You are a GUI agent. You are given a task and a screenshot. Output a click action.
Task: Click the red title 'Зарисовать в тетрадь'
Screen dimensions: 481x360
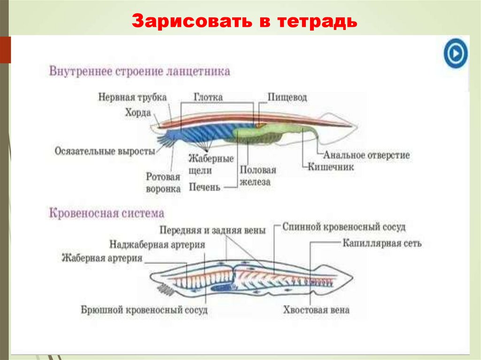[244, 22]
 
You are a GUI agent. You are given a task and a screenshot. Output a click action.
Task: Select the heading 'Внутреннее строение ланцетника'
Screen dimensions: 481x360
[140, 72]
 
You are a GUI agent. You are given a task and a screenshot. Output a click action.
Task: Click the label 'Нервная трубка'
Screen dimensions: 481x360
[132, 97]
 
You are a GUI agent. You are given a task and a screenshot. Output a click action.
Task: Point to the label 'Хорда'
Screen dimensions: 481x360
[138, 113]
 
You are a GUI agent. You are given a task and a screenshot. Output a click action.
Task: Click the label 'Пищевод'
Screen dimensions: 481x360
[287, 97]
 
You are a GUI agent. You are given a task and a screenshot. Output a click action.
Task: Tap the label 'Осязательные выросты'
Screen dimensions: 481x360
[105, 152]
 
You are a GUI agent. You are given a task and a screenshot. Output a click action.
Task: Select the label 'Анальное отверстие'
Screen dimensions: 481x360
[366, 155]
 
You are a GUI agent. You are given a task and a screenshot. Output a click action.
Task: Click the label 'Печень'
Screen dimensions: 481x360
[204, 187]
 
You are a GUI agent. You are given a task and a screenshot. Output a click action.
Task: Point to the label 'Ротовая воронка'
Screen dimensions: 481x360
[163, 183]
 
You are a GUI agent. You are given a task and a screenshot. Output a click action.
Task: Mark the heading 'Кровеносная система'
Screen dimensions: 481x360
[107, 214]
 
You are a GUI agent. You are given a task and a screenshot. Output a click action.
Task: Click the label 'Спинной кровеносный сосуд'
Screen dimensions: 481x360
[344, 227]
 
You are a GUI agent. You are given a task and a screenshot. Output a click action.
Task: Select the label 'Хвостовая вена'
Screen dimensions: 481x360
[316, 310]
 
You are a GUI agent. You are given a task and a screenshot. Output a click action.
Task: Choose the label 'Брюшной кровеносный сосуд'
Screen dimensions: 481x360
[144, 310]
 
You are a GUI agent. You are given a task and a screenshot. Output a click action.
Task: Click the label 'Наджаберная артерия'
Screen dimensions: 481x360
[157, 245]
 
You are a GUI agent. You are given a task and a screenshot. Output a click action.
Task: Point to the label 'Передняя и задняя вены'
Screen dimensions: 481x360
[212, 230]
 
